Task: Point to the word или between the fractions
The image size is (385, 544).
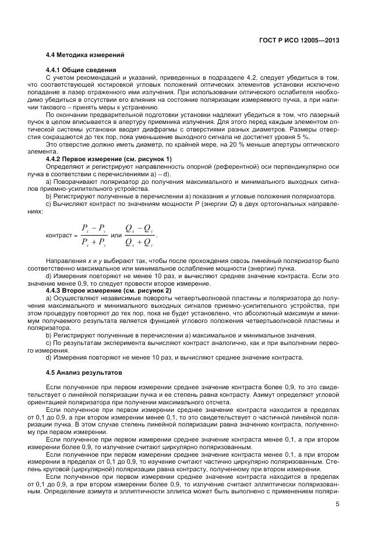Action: [116, 236]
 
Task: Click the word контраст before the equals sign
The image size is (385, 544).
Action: [59, 236]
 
